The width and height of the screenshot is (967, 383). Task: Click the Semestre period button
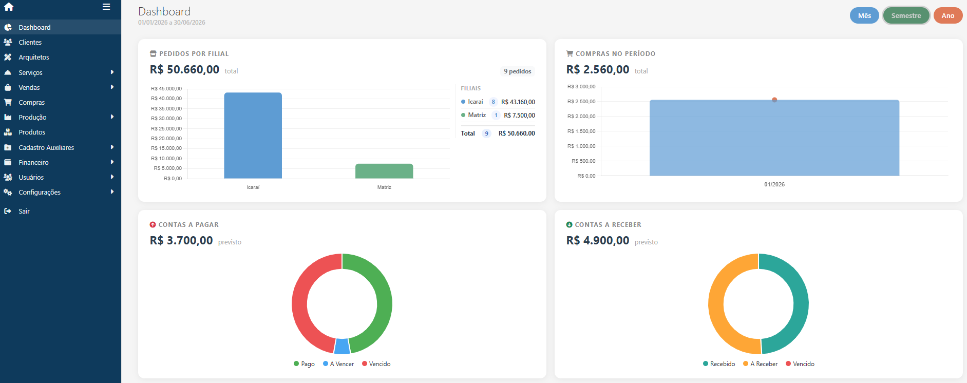point(906,16)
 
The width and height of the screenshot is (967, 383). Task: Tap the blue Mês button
point(864,16)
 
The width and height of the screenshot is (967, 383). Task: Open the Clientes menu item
point(30,43)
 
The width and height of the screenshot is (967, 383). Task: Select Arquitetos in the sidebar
point(34,58)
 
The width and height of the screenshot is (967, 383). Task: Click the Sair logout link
point(24,212)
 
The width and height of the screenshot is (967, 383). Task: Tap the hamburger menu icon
point(106,7)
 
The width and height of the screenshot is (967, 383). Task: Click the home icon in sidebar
point(9,7)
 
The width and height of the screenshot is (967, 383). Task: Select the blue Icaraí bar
point(253,136)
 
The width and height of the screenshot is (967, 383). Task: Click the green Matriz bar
point(384,171)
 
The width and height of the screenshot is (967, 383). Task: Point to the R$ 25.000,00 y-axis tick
point(166,129)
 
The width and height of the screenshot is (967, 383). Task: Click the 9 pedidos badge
point(517,71)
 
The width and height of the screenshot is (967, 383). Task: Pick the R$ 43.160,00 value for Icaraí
point(518,102)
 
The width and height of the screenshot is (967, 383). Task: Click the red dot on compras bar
point(774,100)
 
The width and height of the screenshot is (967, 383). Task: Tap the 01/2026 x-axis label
point(774,185)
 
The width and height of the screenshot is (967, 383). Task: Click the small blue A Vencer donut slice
point(342,347)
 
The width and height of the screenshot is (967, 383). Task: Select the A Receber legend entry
point(761,364)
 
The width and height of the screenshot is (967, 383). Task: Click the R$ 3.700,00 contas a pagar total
point(181,241)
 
